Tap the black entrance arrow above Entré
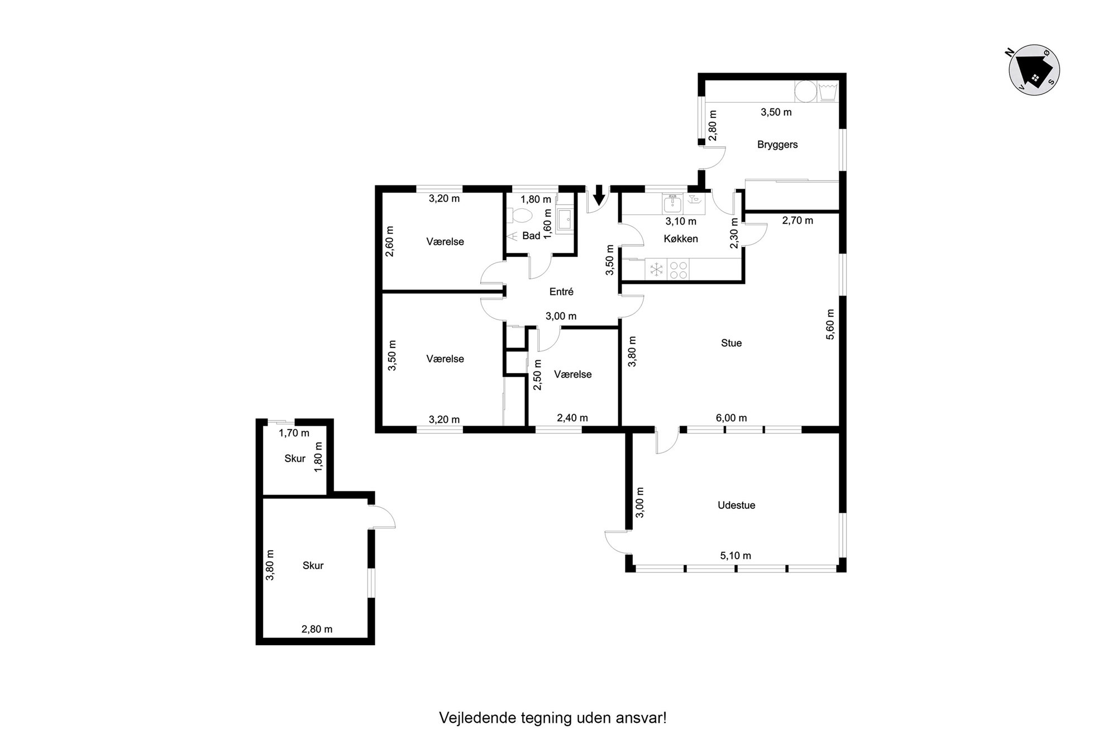pos(599,195)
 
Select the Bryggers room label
pos(777,145)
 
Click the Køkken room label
pos(681,239)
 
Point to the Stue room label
pos(731,343)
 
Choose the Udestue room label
pos(736,505)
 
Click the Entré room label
pos(561,292)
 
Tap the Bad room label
pos(531,236)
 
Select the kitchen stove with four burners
pos(679,270)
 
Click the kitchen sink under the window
pos(672,204)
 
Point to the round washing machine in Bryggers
pos(806,92)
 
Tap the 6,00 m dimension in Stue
pos(731,418)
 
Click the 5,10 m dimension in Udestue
pos(736,556)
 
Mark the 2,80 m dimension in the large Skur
pos(317,630)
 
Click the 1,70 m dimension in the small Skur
pos(294,433)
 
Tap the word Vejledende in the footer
pos(477,718)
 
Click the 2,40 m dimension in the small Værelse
pos(572,418)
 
